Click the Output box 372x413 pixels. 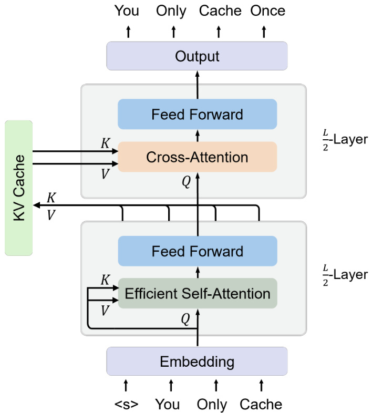click(197, 56)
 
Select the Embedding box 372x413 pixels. click(197, 362)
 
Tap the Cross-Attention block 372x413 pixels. click(197, 157)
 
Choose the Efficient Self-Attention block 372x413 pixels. click(197, 293)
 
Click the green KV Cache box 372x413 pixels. click(18, 188)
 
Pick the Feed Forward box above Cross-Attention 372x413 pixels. click(197, 114)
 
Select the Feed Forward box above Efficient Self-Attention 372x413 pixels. click(197, 251)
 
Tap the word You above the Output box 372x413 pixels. click(127, 10)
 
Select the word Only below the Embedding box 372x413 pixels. click(212, 404)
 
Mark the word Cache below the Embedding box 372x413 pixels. click(261, 404)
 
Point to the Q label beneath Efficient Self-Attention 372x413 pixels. click(185, 318)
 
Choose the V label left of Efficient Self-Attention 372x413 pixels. click(105, 311)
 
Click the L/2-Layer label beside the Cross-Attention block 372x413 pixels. click(345, 141)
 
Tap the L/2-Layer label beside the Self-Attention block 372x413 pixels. click(345, 274)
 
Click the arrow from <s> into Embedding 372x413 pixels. click(126, 385)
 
